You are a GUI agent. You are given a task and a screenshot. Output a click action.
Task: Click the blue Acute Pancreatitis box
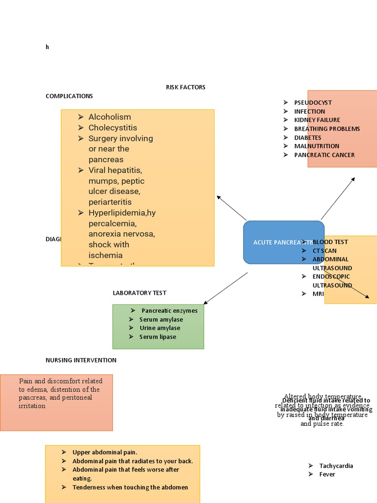tap(283, 242)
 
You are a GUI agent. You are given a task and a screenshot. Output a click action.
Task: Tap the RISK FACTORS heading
tap(186, 87)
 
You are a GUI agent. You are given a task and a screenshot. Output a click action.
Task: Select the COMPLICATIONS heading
tap(69, 96)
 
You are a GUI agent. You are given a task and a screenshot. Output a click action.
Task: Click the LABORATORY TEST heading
tap(139, 293)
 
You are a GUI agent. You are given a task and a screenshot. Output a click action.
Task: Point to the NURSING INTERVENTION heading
tap(81, 360)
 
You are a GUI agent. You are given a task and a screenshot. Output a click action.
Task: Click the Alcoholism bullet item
tap(109, 117)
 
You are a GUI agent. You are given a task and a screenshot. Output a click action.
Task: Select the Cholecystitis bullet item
tap(112, 128)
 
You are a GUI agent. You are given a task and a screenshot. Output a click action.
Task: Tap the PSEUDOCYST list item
tap(313, 103)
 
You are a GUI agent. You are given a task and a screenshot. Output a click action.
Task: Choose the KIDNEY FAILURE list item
tap(317, 120)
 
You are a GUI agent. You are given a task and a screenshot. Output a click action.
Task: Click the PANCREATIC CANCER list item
tap(324, 155)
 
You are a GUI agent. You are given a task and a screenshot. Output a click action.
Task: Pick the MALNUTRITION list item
tap(317, 146)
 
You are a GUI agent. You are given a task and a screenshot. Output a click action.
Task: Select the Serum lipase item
tap(158, 337)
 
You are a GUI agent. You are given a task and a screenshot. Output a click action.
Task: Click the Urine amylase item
tap(160, 328)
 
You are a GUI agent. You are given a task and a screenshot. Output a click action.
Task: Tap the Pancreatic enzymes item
tap(169, 311)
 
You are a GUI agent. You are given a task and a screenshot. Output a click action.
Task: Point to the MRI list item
tap(318, 294)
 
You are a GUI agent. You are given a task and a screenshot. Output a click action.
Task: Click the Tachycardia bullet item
tap(336, 466)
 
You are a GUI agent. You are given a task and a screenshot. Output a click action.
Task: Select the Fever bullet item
tap(327, 475)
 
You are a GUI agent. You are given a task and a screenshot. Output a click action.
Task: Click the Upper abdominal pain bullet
tap(105, 452)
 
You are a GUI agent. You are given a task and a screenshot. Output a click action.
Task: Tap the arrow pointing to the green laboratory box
tap(225, 288)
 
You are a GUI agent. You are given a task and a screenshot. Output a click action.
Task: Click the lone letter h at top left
tap(47, 47)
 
